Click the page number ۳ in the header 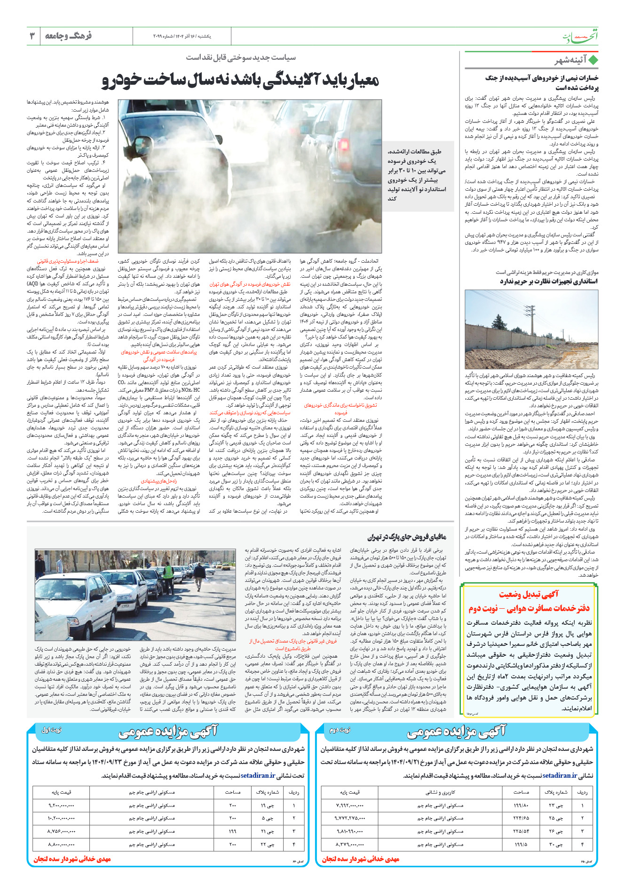coord(32,36)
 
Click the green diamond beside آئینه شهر coord(593,60)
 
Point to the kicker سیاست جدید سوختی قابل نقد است coord(241,57)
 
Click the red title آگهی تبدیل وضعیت coord(529,595)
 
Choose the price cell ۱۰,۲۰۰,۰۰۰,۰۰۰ coord(62,818)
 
